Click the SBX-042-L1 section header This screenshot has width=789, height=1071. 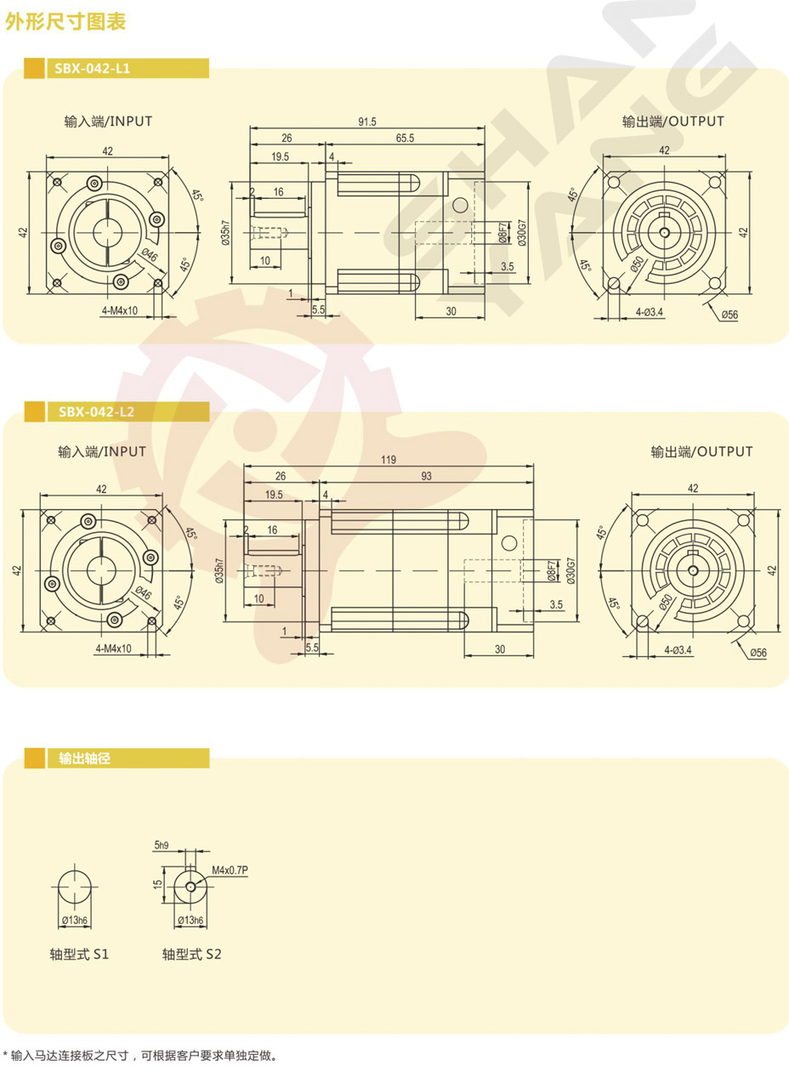[92, 68]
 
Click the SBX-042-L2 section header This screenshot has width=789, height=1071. [96, 411]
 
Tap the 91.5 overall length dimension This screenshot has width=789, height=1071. [367, 122]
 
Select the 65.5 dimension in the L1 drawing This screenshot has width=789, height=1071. [405, 139]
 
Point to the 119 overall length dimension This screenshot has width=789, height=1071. [389, 460]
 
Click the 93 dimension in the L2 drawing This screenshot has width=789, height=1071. [426, 476]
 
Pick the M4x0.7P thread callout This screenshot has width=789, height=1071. [230, 870]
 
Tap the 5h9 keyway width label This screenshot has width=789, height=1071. [162, 845]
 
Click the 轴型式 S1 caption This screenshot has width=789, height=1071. [79, 955]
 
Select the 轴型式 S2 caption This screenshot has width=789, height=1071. [192, 955]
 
